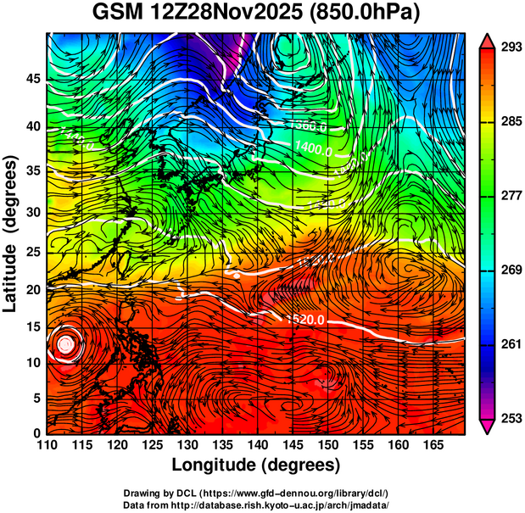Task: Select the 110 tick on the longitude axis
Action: click(47, 445)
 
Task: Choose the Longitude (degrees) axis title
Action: click(256, 465)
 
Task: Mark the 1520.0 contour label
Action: click(304, 320)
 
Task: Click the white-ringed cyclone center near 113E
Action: click(66, 344)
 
